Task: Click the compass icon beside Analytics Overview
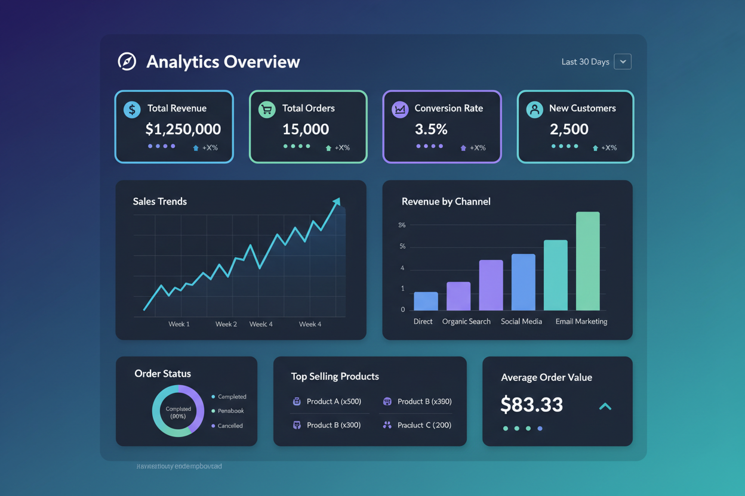(127, 61)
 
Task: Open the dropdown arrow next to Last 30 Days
(623, 61)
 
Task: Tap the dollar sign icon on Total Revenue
(132, 109)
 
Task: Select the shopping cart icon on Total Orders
(266, 109)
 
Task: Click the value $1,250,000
(183, 129)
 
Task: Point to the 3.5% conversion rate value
(431, 129)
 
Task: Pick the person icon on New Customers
(534, 109)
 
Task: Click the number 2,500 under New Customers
(569, 129)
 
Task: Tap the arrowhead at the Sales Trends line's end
(337, 202)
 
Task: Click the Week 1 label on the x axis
(179, 324)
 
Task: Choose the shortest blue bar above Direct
(426, 301)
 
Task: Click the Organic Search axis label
(466, 321)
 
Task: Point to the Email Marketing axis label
(581, 321)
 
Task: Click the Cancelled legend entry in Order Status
(230, 426)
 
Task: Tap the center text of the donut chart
(178, 412)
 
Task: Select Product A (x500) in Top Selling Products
(333, 401)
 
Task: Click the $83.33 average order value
(531, 405)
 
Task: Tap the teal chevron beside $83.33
(605, 407)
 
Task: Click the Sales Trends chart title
(159, 201)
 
